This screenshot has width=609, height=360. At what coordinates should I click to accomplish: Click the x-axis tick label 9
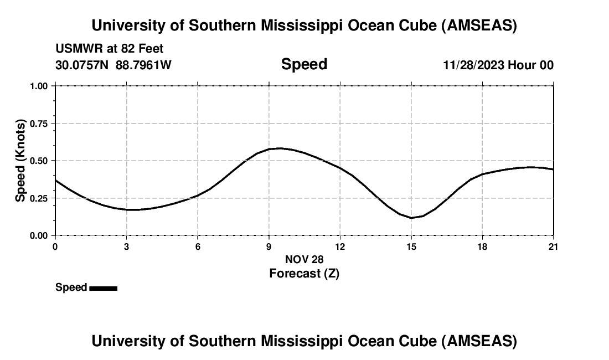tap(269, 246)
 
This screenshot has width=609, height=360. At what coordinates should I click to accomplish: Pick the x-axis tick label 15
tap(411, 246)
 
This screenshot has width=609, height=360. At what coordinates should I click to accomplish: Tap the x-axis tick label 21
tap(554, 246)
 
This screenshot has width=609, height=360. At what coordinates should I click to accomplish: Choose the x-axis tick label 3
tap(127, 246)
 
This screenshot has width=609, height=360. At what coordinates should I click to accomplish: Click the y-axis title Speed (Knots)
tap(20, 161)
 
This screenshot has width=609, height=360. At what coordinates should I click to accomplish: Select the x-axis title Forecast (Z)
tap(304, 273)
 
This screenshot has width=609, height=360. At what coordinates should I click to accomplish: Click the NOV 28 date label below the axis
tap(304, 259)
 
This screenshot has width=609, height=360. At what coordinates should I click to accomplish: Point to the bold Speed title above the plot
tap(304, 64)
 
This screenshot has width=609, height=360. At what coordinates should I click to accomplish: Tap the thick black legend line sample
tap(104, 288)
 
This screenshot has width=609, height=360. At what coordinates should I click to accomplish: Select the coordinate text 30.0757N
tap(82, 65)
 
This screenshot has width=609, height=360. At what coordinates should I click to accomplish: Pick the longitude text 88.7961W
tap(143, 65)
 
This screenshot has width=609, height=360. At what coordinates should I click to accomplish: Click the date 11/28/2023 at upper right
tap(473, 65)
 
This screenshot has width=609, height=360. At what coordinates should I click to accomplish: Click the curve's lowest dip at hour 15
tap(411, 218)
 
